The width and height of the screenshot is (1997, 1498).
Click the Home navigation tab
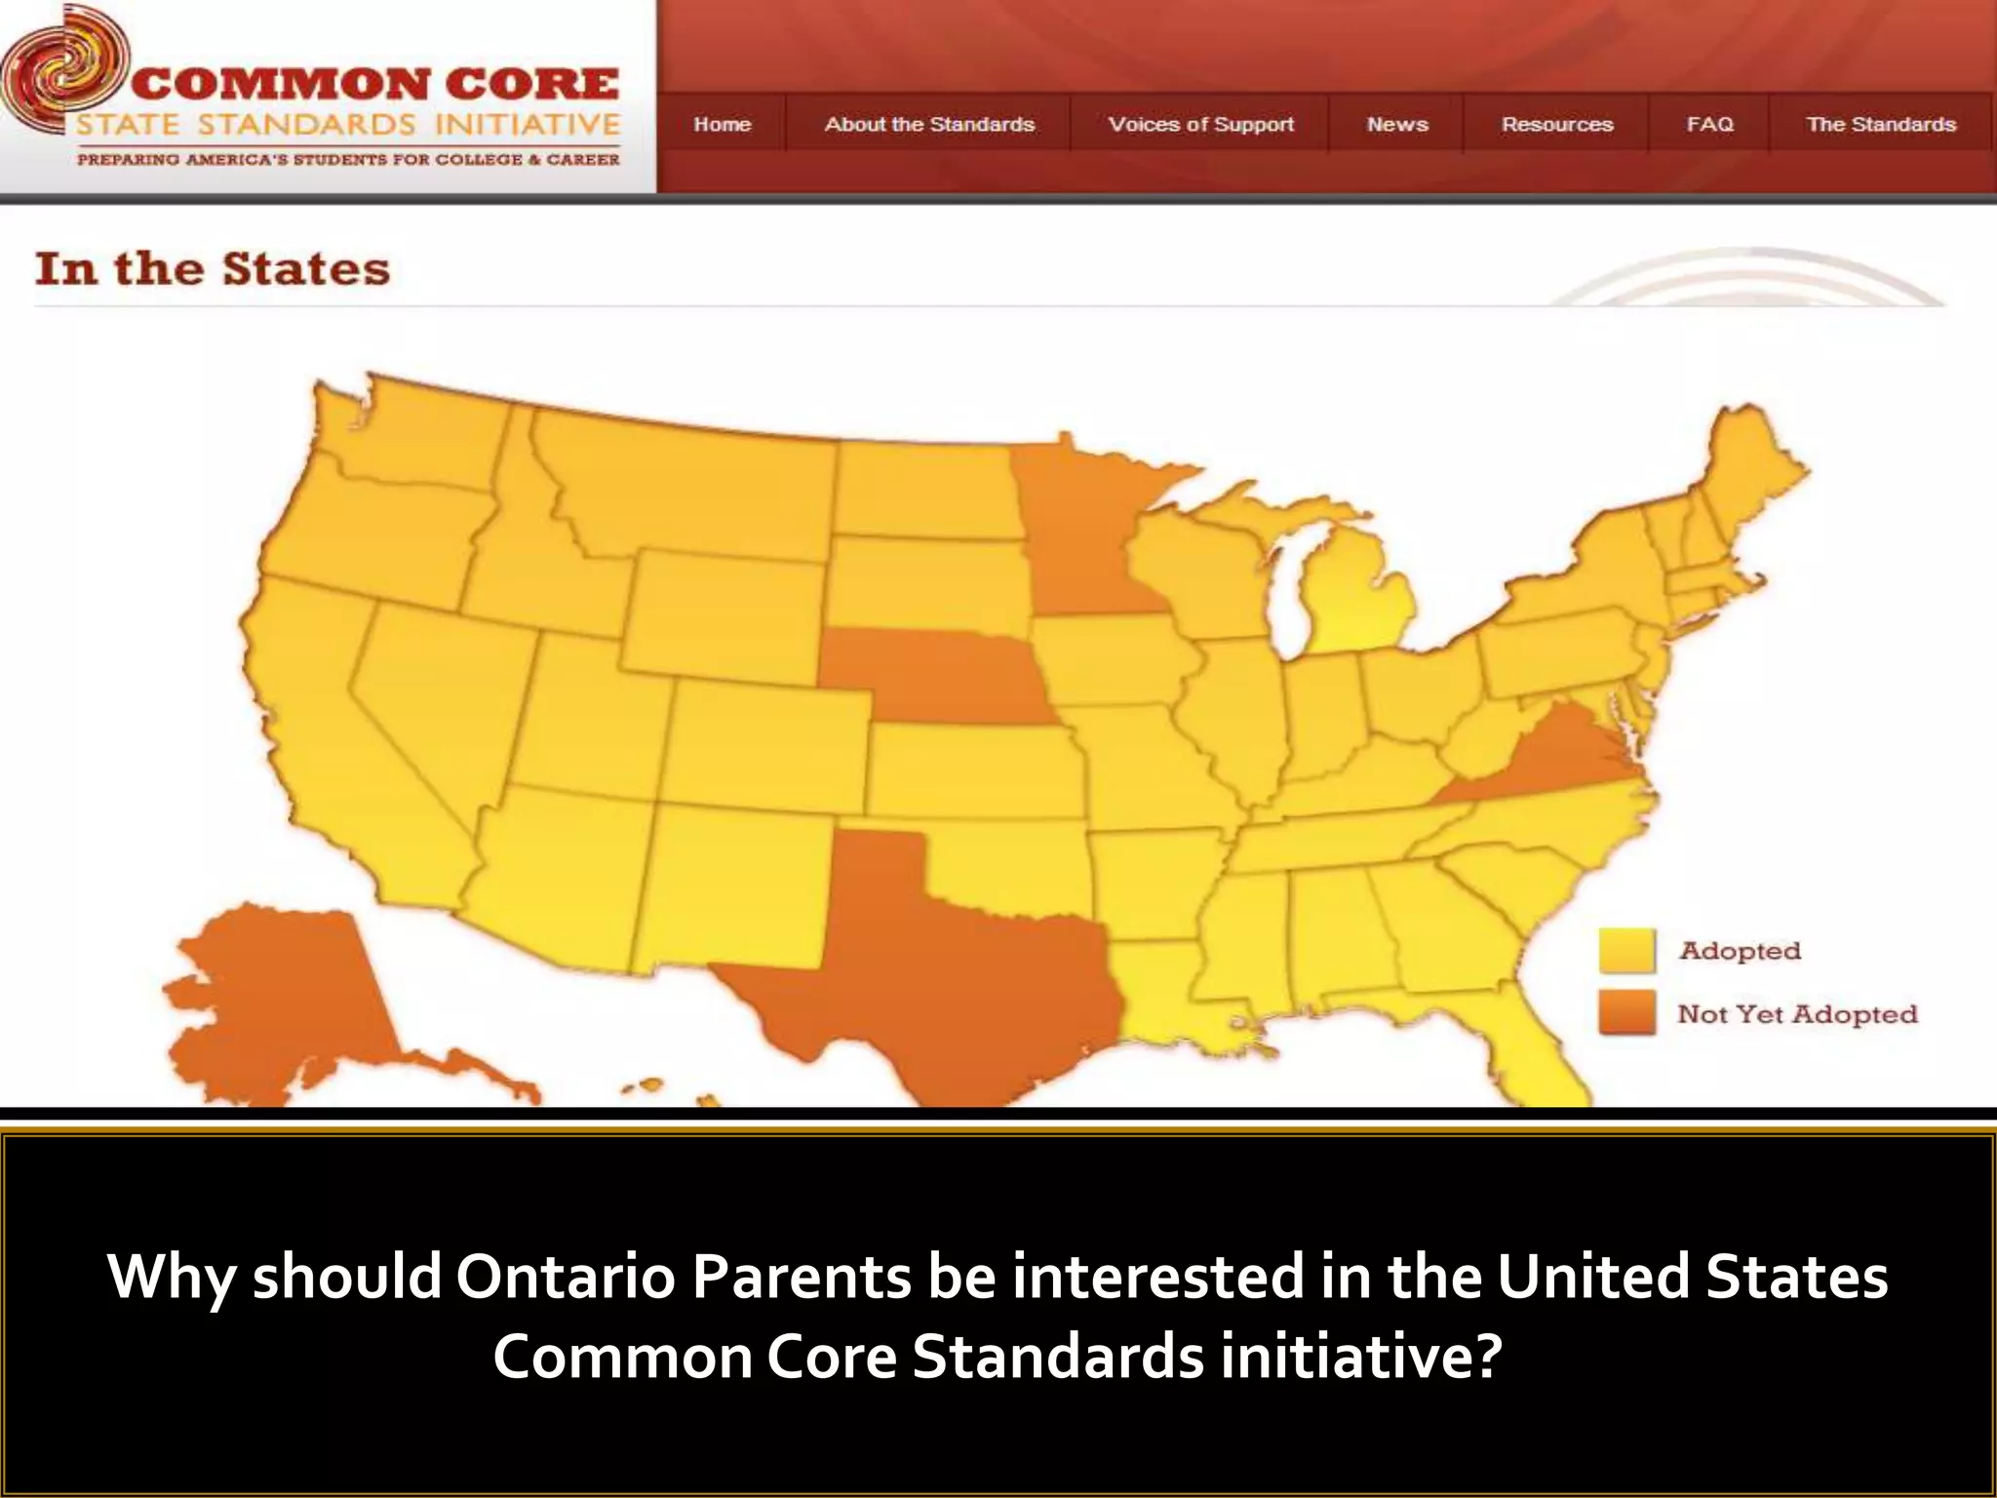(722, 125)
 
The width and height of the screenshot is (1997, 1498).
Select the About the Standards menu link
(928, 125)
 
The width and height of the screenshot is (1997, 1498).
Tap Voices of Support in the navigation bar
(1200, 125)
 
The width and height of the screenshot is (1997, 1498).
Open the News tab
(1397, 125)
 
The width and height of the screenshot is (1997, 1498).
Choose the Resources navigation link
(1557, 125)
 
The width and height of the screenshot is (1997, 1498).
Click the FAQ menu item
(1709, 125)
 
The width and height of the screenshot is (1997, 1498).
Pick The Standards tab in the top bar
(1881, 125)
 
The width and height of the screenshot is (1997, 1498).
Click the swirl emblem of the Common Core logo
(60, 73)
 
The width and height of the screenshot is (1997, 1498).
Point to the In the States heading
(213, 269)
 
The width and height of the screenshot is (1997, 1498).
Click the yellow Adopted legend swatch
(1626, 950)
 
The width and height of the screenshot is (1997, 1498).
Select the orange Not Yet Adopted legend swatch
(1626, 1013)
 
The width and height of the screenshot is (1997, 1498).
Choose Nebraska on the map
(936, 673)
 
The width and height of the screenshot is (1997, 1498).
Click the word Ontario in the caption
(565, 1277)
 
